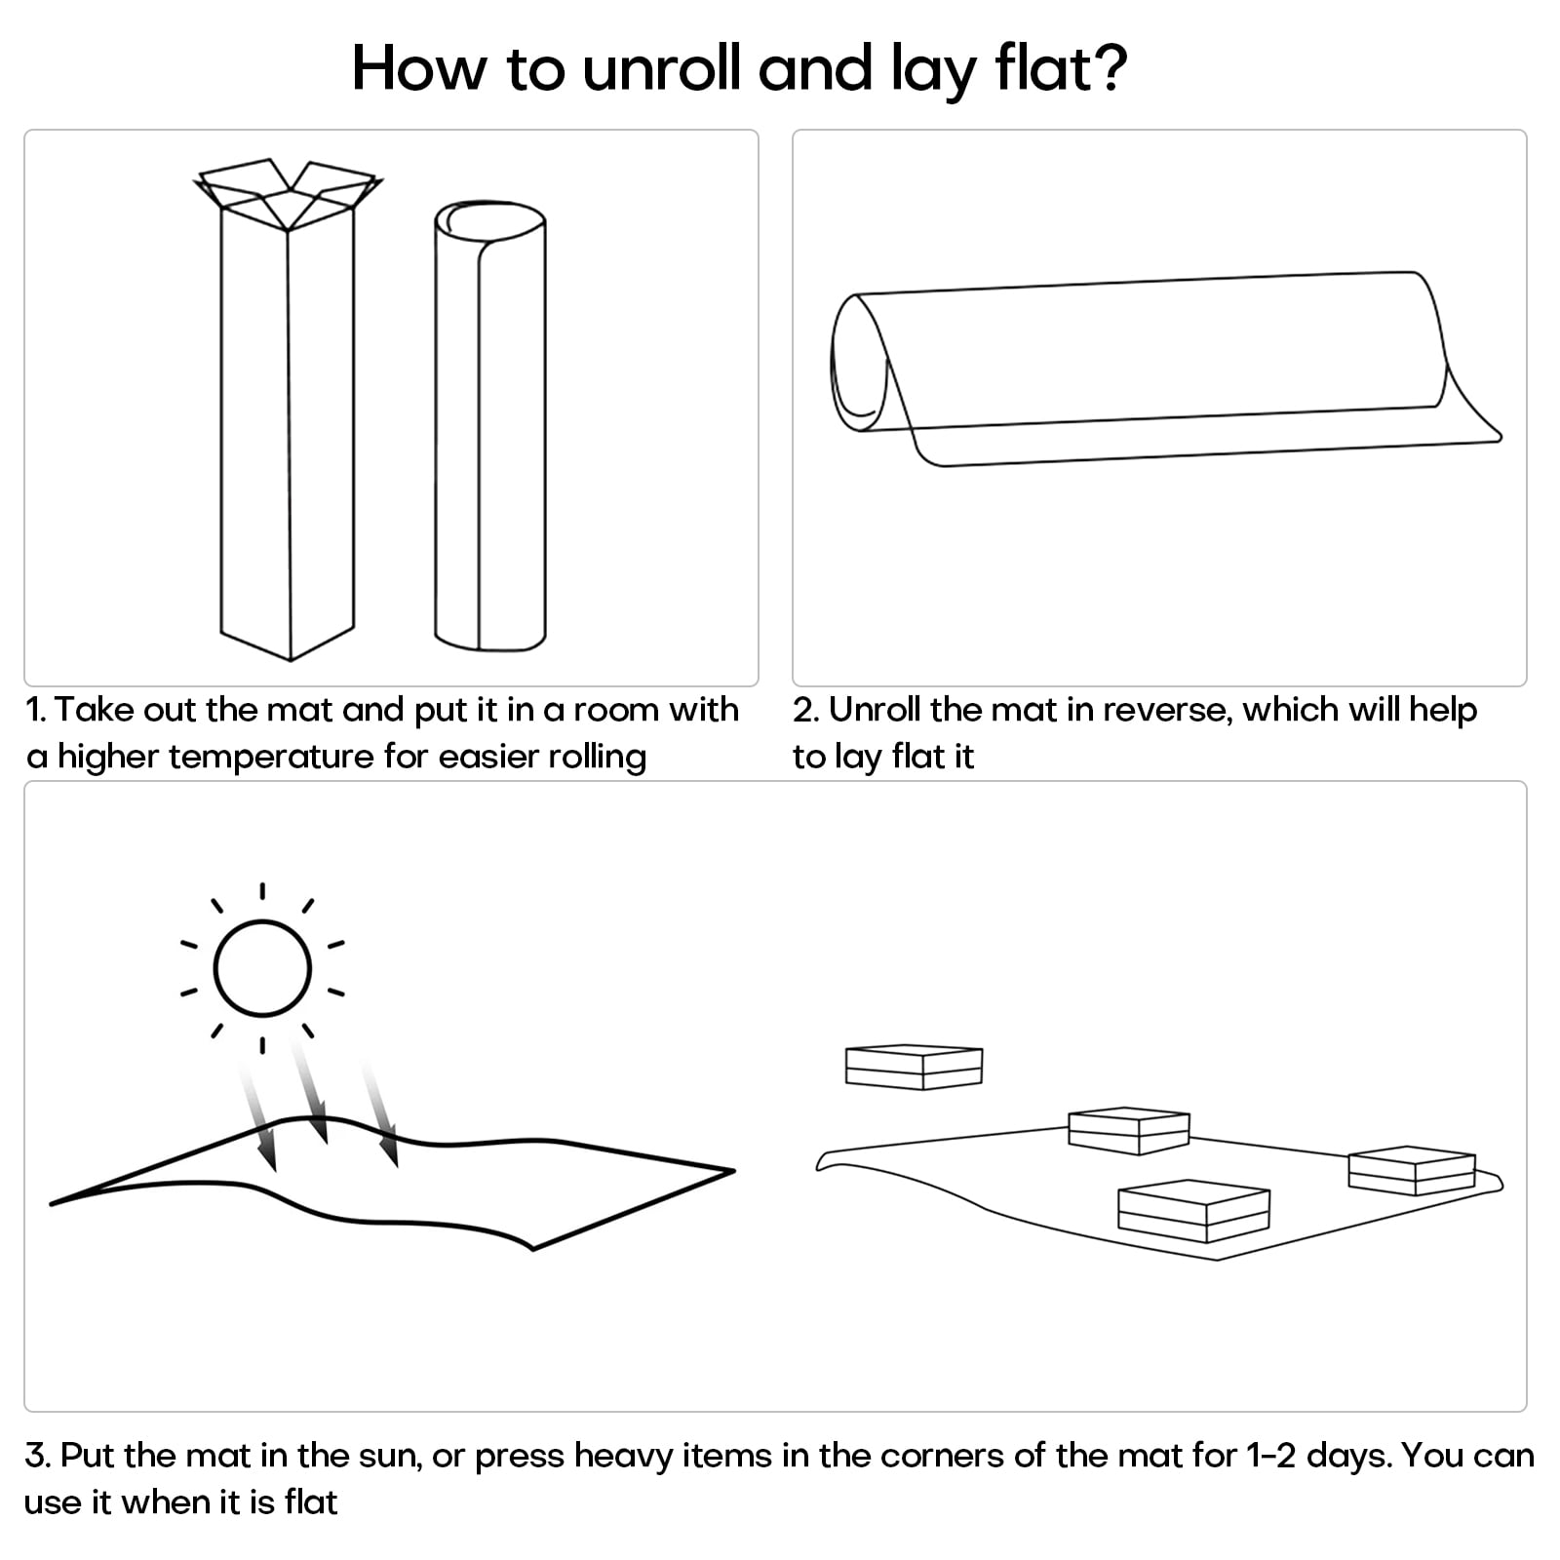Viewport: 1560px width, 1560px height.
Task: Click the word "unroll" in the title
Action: (x=662, y=68)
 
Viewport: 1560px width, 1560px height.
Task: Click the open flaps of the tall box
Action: (x=289, y=193)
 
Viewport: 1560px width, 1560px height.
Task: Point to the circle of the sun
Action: (x=262, y=968)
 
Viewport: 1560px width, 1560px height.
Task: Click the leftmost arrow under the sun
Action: (x=257, y=1116)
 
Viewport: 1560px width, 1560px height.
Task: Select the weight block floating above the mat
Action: (x=914, y=1067)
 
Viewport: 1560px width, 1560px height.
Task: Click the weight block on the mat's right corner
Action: (x=1411, y=1170)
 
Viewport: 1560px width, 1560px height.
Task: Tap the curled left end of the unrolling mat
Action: (x=859, y=366)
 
